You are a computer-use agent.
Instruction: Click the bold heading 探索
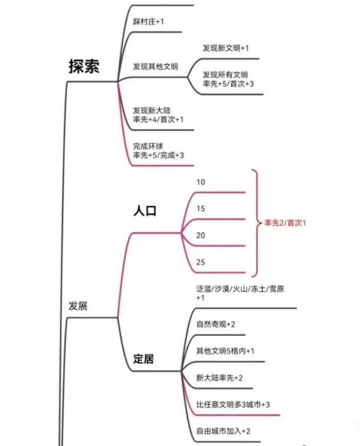84,66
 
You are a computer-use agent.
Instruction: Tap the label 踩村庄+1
149,22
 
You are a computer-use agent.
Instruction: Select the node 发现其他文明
155,66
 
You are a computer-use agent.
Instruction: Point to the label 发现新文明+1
225,48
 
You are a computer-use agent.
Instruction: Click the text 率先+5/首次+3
228,84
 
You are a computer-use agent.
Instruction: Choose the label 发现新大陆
152,111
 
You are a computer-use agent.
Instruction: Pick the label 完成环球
148,147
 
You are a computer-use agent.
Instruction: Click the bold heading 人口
145,211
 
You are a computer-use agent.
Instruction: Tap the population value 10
201,182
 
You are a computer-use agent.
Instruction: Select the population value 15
201,208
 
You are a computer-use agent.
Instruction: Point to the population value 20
201,235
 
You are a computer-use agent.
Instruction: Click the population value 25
201,262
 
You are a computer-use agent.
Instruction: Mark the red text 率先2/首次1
285,223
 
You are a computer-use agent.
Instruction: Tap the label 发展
78,306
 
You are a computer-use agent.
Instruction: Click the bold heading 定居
143,359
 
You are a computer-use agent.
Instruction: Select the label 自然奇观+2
215,324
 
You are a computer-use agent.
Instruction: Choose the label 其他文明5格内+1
225,351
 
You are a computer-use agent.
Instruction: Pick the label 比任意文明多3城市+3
233,404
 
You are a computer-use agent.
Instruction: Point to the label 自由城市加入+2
223,431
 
